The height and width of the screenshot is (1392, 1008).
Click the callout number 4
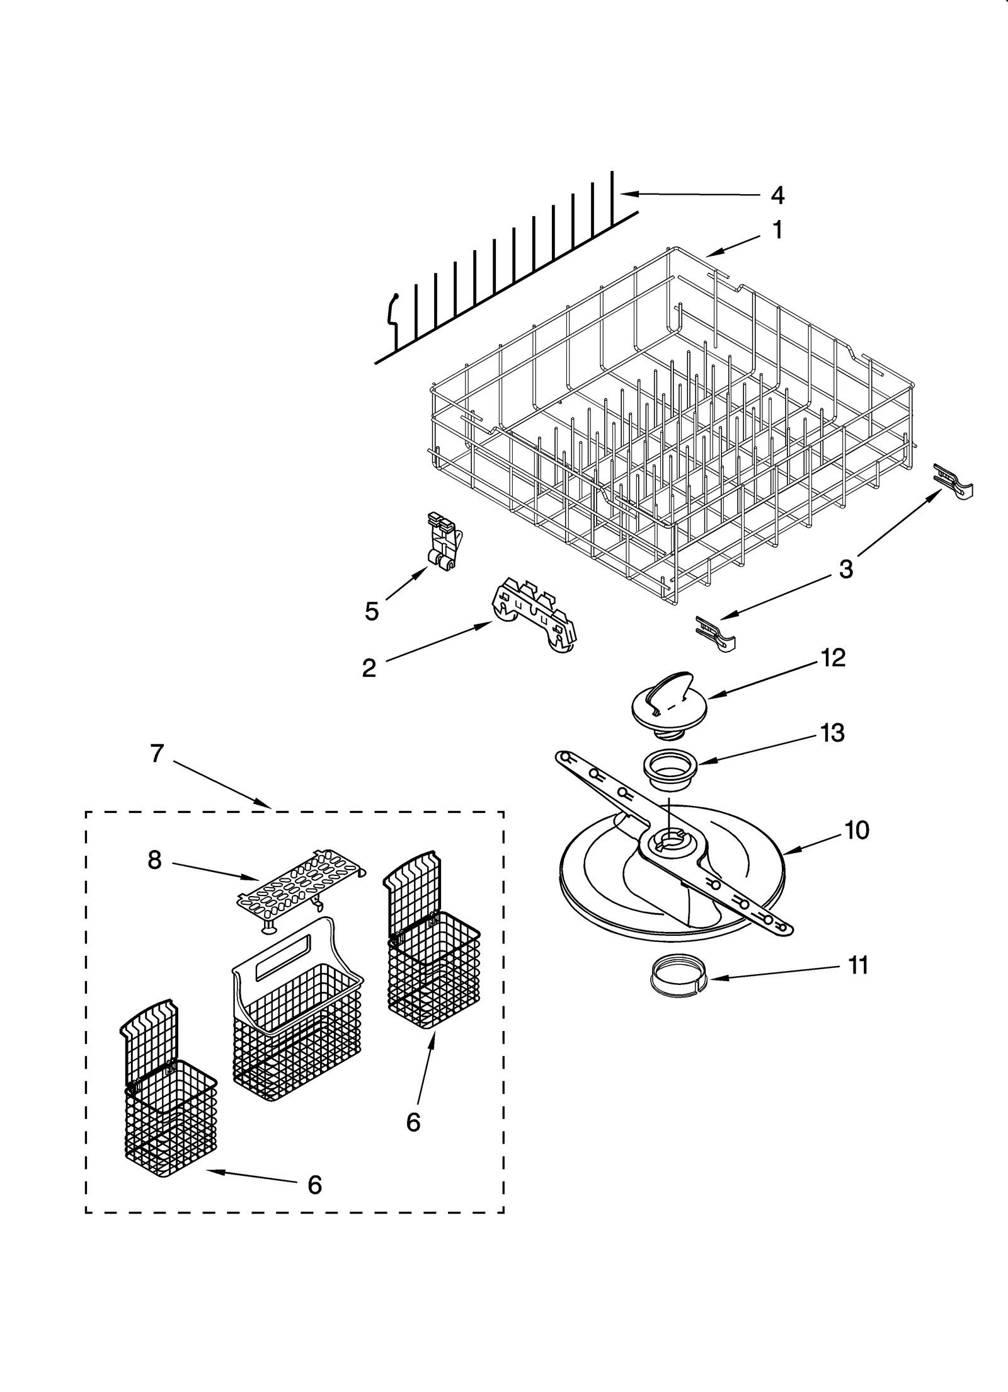coord(777,195)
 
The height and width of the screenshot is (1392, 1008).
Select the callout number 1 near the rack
coord(778,230)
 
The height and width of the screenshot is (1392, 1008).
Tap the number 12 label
coord(832,658)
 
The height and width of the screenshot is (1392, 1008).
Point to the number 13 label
coord(832,733)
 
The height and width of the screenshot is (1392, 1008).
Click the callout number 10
coord(857,830)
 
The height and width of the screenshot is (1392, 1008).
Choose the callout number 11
coord(858,965)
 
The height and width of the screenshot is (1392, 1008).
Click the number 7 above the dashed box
coord(157,753)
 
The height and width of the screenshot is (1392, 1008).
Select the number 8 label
coord(155,860)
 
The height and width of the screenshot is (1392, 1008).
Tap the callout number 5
coord(372,611)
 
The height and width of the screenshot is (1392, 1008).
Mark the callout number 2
coord(369,668)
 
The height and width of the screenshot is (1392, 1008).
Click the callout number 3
coord(845,569)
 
